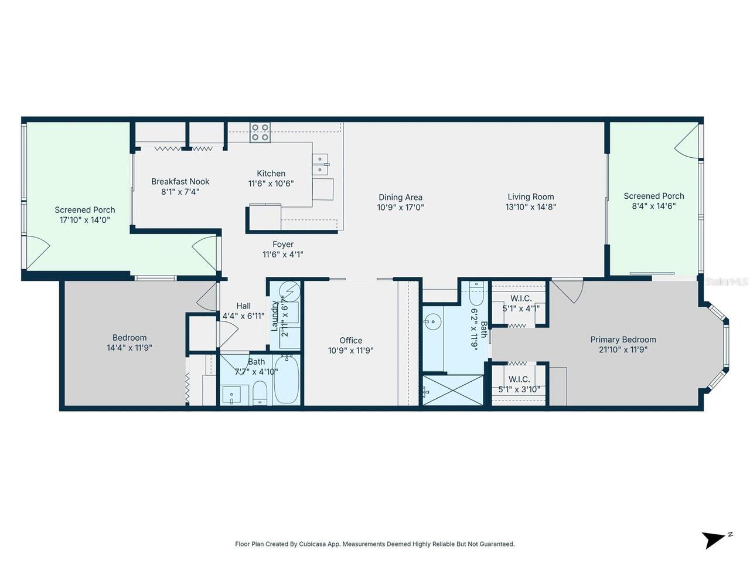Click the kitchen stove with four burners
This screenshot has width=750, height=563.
(260, 132)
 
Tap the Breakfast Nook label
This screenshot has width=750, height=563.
(180, 182)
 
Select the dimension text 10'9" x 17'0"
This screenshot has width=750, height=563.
(400, 207)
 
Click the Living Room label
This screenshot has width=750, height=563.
(530, 197)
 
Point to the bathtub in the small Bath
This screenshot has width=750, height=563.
(287, 381)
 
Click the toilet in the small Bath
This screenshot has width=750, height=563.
(260, 392)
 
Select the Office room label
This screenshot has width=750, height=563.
(351, 340)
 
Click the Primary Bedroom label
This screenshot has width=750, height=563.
(623, 340)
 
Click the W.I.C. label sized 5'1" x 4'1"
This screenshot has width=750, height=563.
(520, 299)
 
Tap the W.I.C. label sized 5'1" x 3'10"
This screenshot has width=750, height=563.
(519, 379)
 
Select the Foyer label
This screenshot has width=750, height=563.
(283, 245)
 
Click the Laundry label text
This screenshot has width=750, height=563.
(274, 316)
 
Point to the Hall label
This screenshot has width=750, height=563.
(243, 306)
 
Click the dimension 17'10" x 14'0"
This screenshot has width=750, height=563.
(85, 220)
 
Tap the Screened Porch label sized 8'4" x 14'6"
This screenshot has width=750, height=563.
(653, 196)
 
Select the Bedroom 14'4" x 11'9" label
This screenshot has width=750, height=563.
(129, 338)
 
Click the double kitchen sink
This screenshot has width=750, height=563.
(320, 164)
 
